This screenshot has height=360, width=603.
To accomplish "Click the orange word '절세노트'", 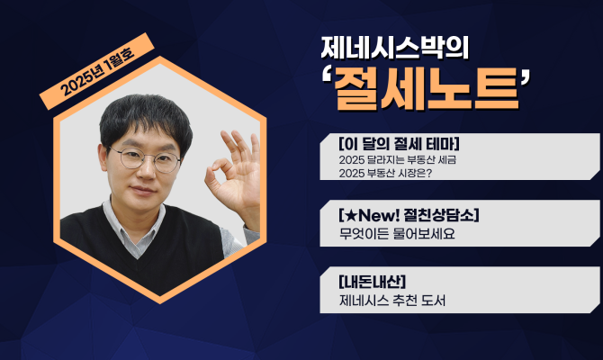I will pos(427,90).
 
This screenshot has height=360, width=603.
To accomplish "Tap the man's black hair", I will pos(144,117).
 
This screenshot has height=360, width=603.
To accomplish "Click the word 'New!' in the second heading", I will pos(370,216).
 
